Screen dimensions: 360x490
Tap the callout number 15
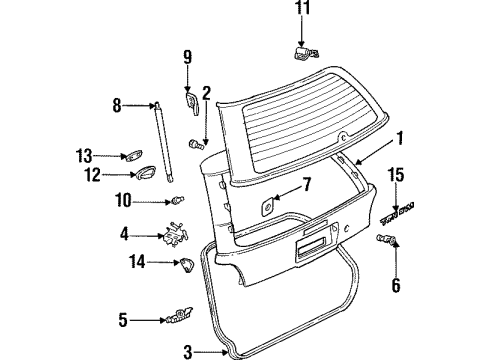[397, 176]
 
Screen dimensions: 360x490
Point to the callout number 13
[85, 154]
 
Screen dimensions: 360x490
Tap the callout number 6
[396, 285]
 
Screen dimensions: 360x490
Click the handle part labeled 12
[145, 176]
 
